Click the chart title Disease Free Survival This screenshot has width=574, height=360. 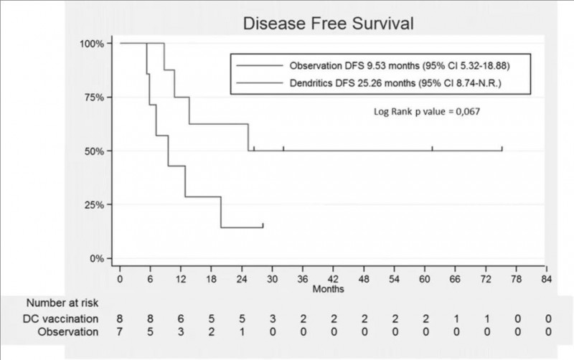[329, 24]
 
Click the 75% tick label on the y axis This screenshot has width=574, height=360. [94, 98]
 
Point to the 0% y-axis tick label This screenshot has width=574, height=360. [97, 258]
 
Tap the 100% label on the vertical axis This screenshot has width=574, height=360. [92, 44]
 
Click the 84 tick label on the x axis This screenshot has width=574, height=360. [547, 280]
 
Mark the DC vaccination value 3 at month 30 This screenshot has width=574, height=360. [273, 318]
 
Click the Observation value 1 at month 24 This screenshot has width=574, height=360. [242, 332]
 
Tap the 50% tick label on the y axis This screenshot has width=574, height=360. [94, 151]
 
